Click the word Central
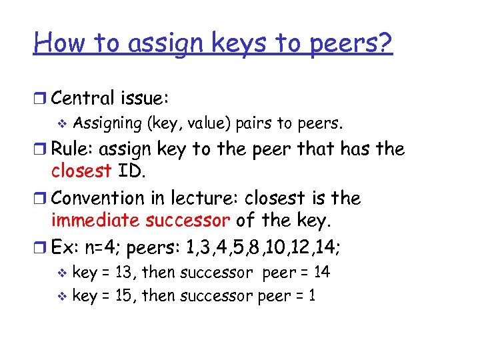[x=82, y=98]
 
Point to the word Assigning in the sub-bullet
[x=107, y=123]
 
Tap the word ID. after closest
[x=132, y=171]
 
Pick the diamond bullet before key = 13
[x=64, y=273]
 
